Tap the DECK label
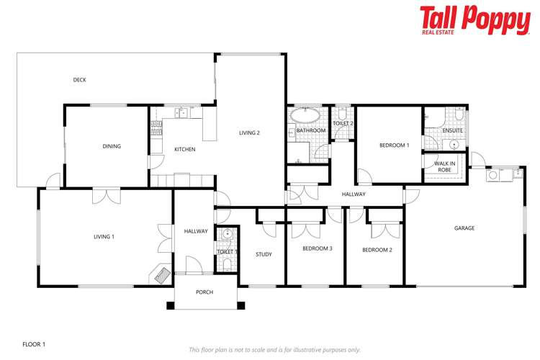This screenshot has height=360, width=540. click(80, 80)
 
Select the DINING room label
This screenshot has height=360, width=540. click(112, 146)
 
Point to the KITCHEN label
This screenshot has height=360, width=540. click(185, 149)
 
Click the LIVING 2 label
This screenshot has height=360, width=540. click(249, 132)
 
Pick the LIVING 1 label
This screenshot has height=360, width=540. click(104, 236)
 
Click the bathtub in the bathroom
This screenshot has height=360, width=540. click(305, 115)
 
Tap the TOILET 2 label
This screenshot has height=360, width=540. click(343, 124)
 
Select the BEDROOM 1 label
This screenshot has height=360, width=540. click(394, 145)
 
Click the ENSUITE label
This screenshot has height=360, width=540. click(453, 130)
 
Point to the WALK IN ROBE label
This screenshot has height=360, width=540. click(444, 166)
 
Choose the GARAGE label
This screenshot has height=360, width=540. click(464, 228)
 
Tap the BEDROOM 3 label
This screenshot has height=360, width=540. click(317, 248)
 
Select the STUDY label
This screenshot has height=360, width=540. click(264, 253)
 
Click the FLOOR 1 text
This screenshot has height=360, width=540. click(34, 345)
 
